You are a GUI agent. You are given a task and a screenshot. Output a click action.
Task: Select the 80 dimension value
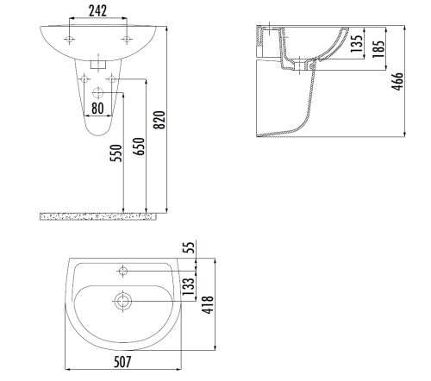pos(97,109)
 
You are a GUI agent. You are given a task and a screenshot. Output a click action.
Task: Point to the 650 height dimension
pos(139,148)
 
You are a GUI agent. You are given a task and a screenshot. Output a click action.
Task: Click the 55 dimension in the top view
pos(187,249)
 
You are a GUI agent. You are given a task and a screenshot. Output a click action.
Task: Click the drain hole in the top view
pos(123,301)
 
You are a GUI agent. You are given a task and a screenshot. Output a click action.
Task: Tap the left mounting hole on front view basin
pos(68,40)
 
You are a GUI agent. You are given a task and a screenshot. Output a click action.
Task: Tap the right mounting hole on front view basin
pos(126,40)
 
